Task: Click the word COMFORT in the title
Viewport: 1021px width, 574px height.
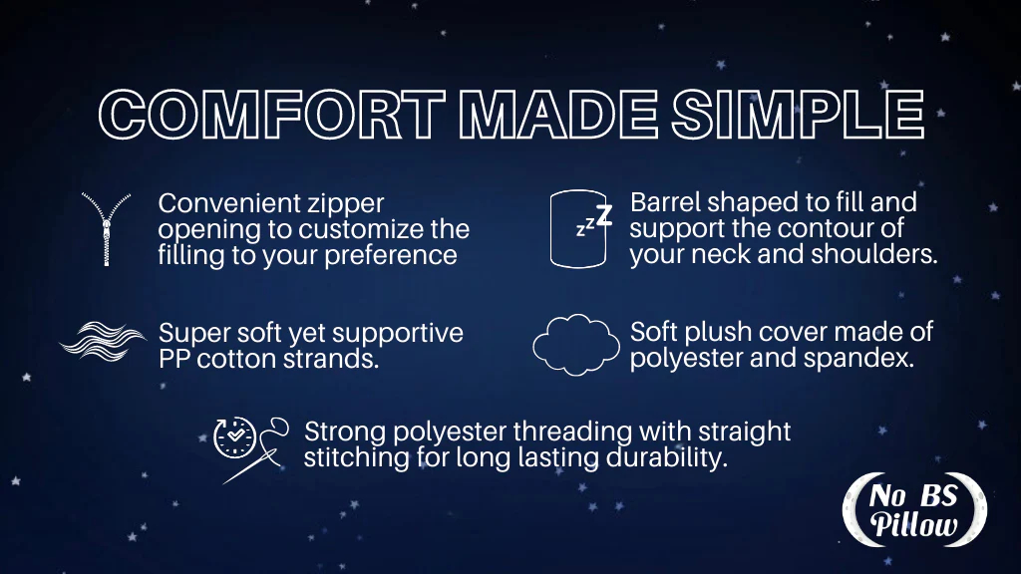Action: [272, 115]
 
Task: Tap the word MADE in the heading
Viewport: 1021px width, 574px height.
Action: [558, 115]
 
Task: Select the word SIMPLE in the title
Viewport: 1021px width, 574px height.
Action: [798, 115]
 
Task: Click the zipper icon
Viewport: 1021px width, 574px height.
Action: [106, 228]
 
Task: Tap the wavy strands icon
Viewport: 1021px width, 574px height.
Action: [103, 341]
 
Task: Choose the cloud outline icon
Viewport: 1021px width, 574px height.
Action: [576, 345]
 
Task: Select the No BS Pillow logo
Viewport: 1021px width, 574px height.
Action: [914, 510]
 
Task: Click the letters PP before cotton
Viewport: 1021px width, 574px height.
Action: [173, 359]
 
